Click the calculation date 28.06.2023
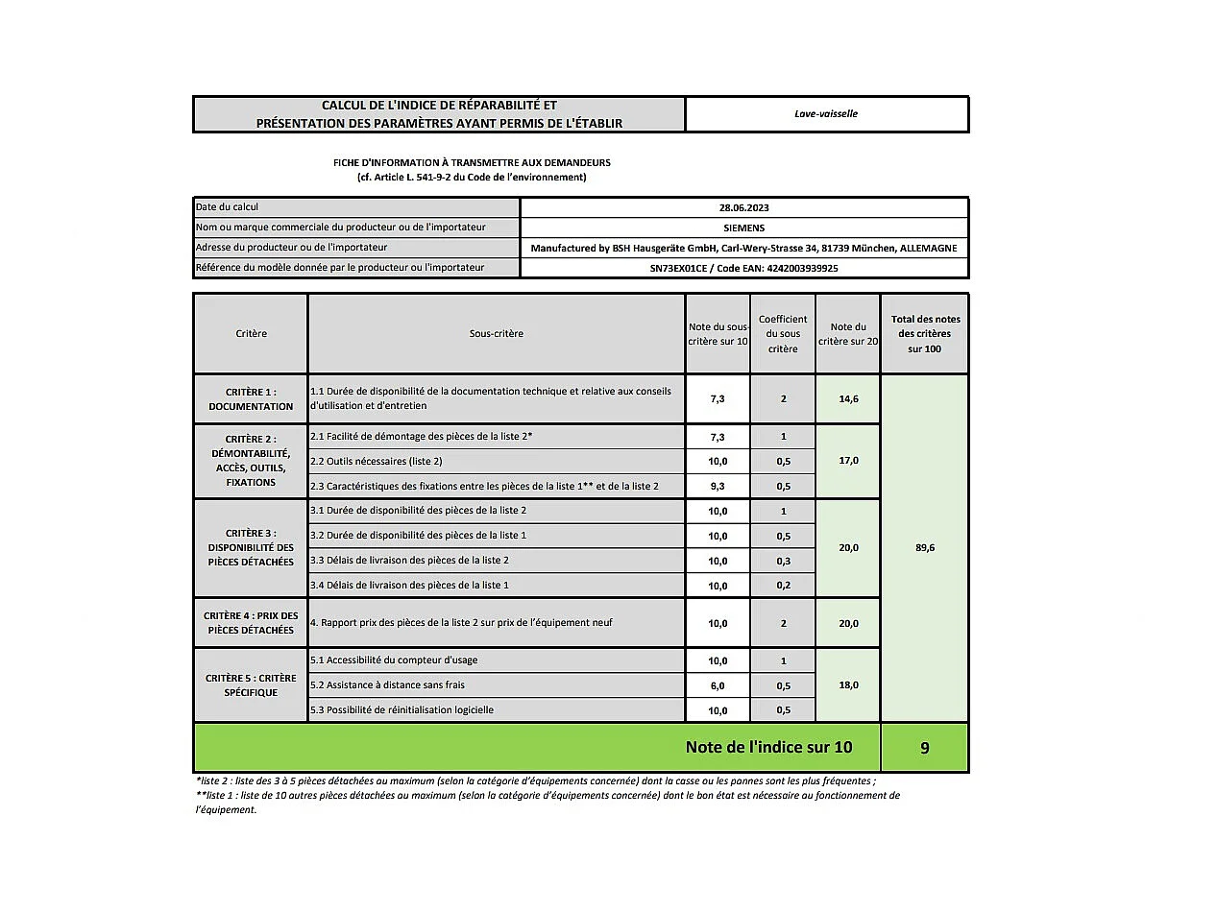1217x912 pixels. click(743, 207)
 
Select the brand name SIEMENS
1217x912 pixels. click(743, 228)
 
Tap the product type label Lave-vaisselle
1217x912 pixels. click(826, 113)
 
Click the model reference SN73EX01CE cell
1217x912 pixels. click(743, 268)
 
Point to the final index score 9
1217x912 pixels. click(924, 747)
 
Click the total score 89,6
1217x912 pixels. click(924, 547)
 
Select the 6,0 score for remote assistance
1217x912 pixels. click(717, 685)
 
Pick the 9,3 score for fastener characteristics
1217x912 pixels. click(717, 486)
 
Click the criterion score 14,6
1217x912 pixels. click(847, 398)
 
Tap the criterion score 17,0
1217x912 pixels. click(847, 461)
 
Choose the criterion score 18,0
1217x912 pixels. click(847, 685)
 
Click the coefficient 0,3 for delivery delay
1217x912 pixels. click(783, 561)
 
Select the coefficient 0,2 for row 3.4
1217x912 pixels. click(783, 586)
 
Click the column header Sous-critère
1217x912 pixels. click(496, 333)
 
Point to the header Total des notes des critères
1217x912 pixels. click(924, 333)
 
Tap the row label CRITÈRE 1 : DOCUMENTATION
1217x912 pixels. click(251, 398)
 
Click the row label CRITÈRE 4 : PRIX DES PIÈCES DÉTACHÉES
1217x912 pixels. click(251, 622)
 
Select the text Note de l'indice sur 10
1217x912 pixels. click(768, 747)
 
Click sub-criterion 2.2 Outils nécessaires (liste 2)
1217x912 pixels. click(377, 461)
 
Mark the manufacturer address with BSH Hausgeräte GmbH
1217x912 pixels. click(743, 248)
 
